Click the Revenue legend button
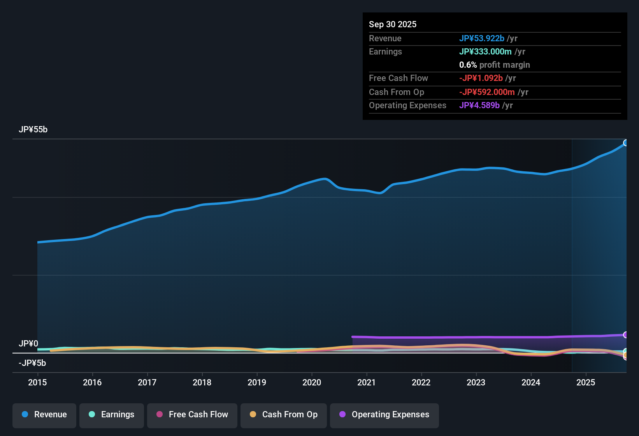[x=44, y=415]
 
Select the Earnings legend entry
[x=112, y=415]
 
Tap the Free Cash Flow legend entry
[x=192, y=415]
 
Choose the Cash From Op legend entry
[x=284, y=415]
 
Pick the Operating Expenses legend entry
[x=384, y=415]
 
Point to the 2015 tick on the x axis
[x=37, y=382]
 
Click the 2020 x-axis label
[x=312, y=382]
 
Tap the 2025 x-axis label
[x=586, y=382]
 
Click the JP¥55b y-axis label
[x=33, y=130]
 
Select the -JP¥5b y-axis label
[x=32, y=363]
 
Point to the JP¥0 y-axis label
[x=28, y=344]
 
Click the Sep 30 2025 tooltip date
[x=393, y=25]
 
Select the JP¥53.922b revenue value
[x=481, y=39]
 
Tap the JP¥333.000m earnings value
[x=485, y=52]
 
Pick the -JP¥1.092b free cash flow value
[x=481, y=78]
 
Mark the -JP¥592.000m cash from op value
[x=486, y=92]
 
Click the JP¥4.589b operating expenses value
[x=479, y=105]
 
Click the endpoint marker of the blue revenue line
[x=625, y=143]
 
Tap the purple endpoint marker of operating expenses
[x=625, y=335]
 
